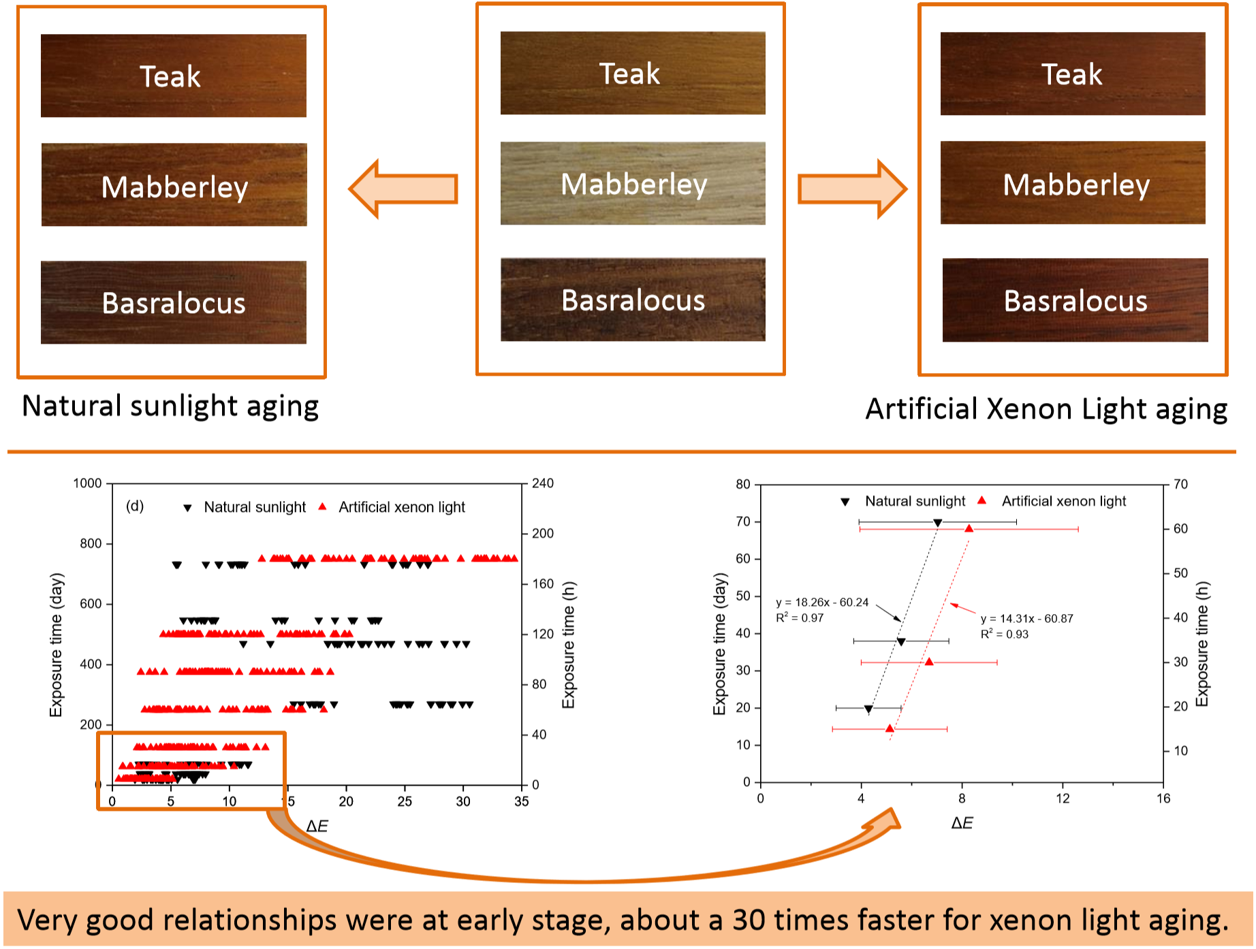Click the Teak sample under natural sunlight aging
[x=173, y=76]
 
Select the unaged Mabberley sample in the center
[x=633, y=183]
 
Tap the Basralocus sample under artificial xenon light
[x=1075, y=300]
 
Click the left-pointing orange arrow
[x=403, y=189]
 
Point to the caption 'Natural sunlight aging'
[x=170, y=406]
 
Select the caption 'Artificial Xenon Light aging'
[x=1046, y=410]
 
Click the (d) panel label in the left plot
[x=135, y=506]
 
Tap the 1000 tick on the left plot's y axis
[x=87, y=483]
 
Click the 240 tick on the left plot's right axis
[x=543, y=483]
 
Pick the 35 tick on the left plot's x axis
[x=521, y=801]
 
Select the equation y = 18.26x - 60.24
[x=822, y=602]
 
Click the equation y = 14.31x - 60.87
[x=1026, y=619]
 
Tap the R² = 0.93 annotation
[x=1004, y=634]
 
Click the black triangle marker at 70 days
[x=938, y=523]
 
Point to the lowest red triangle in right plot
[x=890, y=729]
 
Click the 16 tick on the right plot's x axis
[x=1163, y=799]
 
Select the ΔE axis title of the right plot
[x=962, y=823]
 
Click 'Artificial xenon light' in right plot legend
[x=1063, y=501]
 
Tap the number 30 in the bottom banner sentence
[x=749, y=920]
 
